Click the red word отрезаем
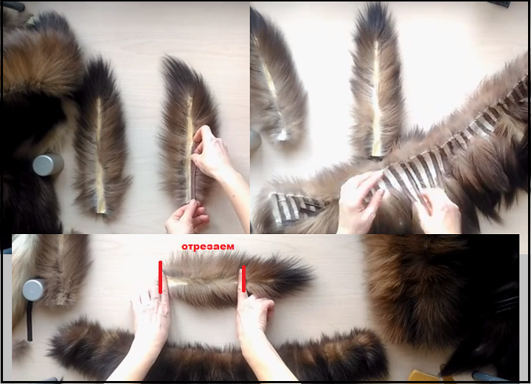207,247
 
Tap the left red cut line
160,277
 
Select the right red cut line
243,279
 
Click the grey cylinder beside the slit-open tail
48,165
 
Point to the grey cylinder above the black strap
33,290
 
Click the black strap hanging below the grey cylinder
29,321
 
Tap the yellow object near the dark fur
423,376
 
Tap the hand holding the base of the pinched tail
188,216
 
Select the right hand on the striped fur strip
439,210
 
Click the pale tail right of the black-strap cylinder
63,270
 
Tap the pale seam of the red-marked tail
178,281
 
